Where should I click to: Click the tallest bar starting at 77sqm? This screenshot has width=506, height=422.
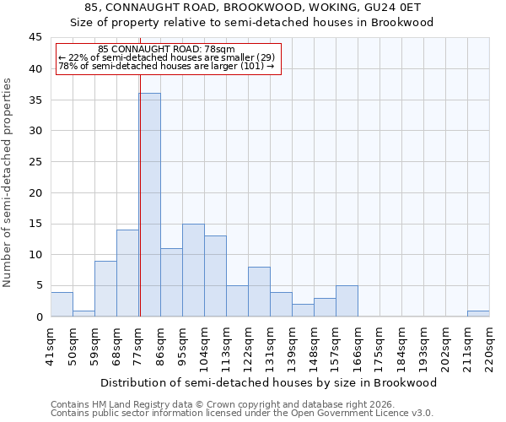149,205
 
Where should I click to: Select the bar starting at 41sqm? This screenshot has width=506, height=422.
62,305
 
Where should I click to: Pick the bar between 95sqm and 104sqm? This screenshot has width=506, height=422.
193,270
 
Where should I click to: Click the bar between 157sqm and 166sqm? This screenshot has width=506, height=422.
347,301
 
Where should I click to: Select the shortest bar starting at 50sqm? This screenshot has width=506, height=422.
83,314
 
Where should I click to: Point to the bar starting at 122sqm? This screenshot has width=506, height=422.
259,292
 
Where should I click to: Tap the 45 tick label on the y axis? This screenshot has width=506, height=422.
35,38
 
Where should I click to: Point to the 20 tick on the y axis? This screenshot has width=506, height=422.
35,192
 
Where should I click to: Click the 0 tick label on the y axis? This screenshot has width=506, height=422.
39,316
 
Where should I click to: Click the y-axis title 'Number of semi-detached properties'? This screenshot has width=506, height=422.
8,182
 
